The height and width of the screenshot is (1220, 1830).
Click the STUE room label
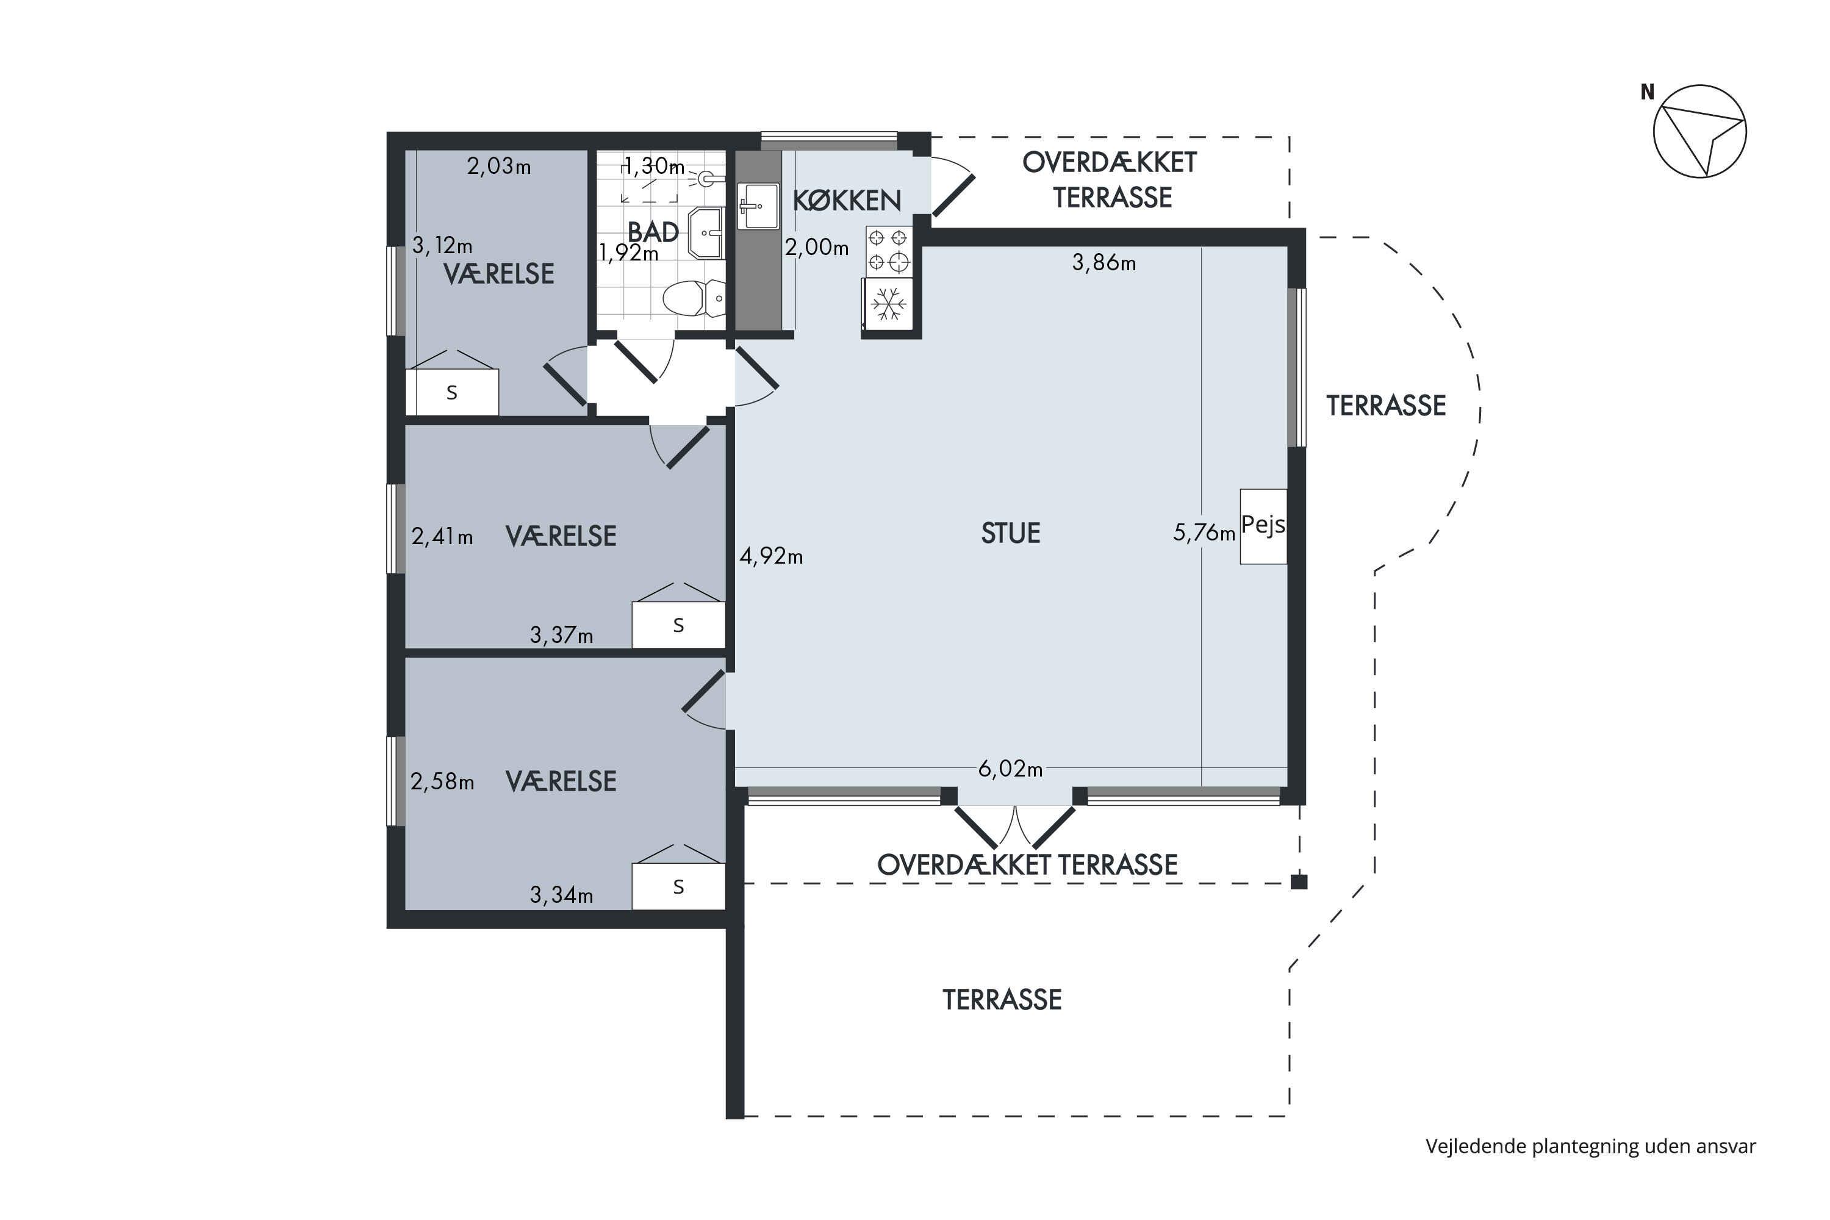click(x=1010, y=533)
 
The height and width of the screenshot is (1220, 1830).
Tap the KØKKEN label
click(x=847, y=201)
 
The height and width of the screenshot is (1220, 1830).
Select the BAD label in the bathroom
click(x=653, y=232)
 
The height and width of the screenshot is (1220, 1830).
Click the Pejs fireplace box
click(x=1263, y=526)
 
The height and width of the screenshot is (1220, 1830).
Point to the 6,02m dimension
click(x=1010, y=769)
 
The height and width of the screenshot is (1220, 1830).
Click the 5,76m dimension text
click(x=1204, y=533)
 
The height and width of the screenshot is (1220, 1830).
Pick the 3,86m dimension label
click(x=1103, y=263)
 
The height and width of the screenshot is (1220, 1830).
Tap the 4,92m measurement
click(x=771, y=556)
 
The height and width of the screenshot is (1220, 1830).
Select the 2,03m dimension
click(x=499, y=166)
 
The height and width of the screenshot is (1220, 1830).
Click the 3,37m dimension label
click(x=561, y=635)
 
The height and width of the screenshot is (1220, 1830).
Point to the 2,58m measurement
click(x=442, y=781)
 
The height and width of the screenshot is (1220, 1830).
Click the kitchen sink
click(x=758, y=206)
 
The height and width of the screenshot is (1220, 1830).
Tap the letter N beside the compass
click(x=1647, y=92)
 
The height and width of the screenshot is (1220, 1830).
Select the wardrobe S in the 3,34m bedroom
click(x=678, y=887)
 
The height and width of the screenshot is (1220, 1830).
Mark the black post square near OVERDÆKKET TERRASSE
click(x=1299, y=881)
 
